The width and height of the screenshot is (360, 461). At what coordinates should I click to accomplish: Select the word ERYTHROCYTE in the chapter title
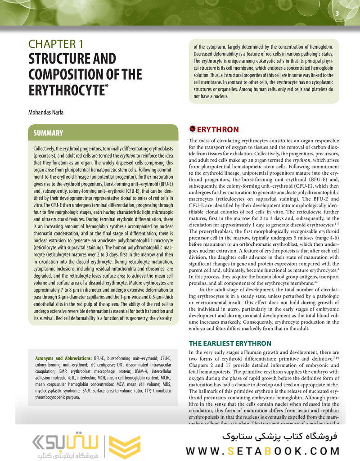[x=66, y=89]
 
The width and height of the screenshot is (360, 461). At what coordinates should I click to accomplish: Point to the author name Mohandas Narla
[x=46, y=112]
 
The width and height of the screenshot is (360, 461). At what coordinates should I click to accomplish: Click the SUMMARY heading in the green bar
[x=49, y=133]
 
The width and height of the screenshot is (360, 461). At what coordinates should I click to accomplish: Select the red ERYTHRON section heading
[x=218, y=130]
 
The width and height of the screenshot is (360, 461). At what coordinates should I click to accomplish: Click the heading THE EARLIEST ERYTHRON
[x=230, y=343]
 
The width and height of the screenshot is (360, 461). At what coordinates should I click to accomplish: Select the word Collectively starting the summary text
[x=46, y=149]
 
